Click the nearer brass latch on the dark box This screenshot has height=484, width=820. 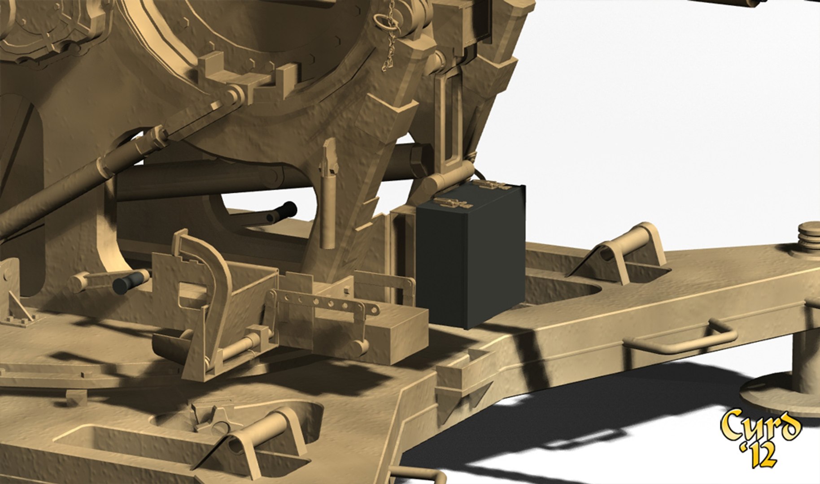tap(453, 202)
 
